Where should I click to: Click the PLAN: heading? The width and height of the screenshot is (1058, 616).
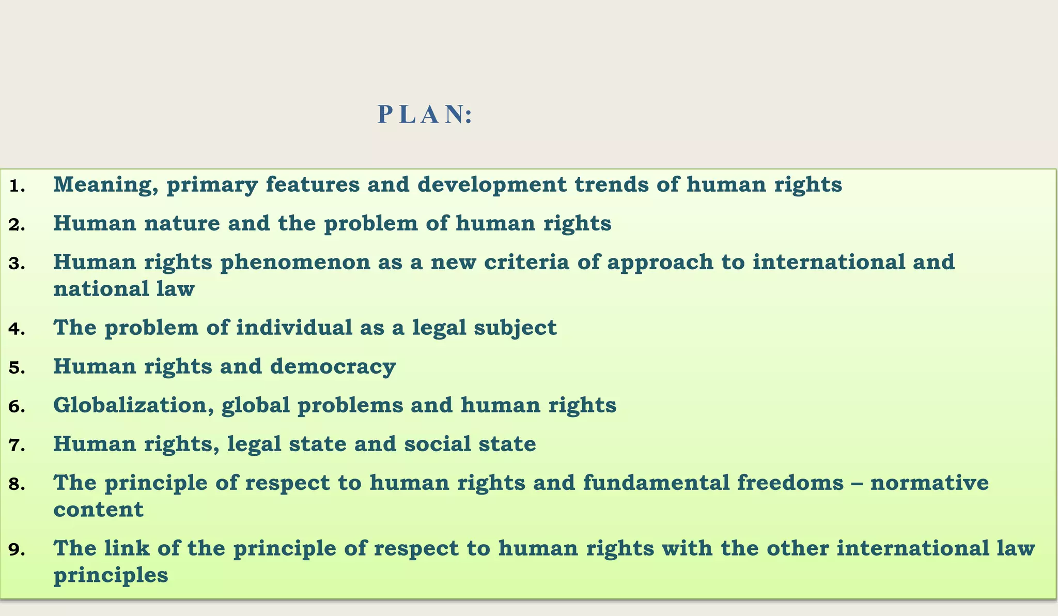(425, 114)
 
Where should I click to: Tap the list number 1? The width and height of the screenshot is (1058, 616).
(17, 186)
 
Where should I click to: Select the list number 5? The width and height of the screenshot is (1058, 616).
(17, 367)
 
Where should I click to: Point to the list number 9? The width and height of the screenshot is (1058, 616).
(17, 549)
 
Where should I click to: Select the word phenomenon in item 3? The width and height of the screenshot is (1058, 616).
(295, 263)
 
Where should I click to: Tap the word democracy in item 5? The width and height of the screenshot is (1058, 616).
(333, 366)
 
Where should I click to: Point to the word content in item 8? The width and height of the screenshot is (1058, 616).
(98, 510)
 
